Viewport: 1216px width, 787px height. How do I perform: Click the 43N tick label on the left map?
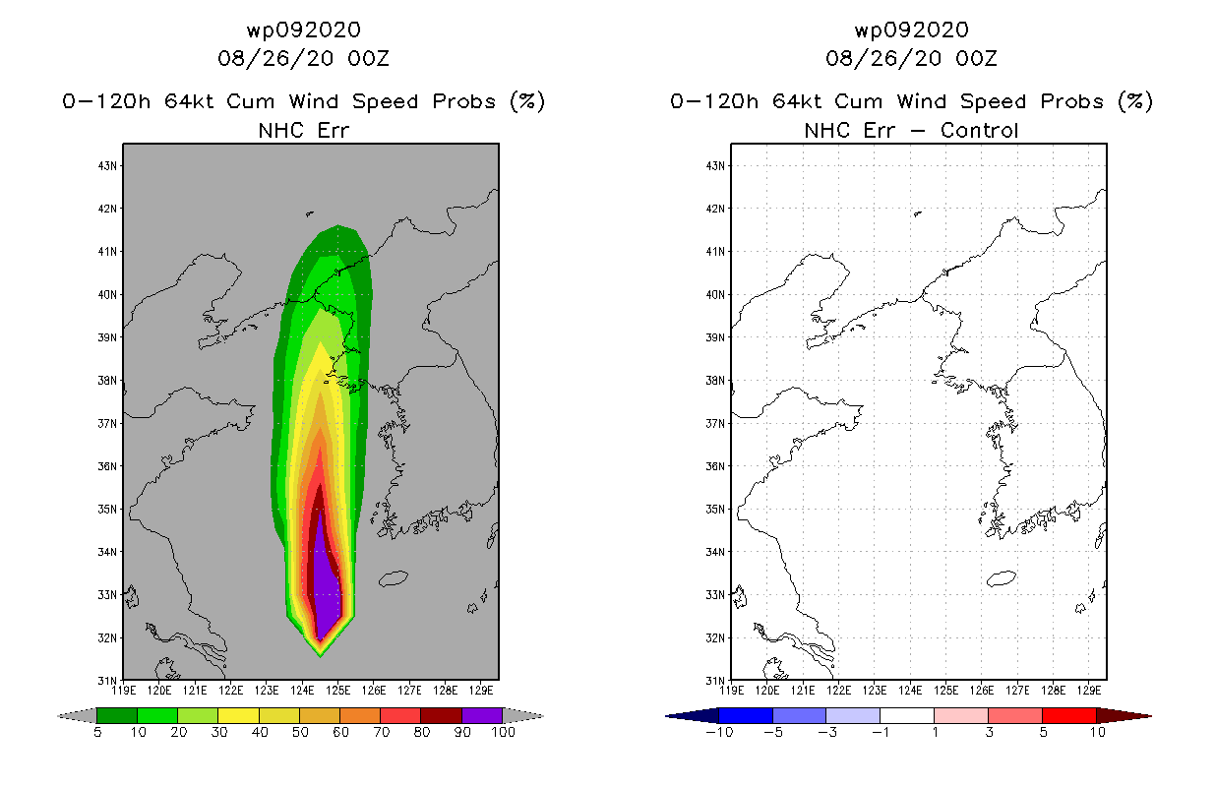click(x=107, y=165)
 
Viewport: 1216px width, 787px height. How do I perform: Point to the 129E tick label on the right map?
click(x=1089, y=691)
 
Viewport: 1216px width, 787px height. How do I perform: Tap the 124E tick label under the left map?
click(x=302, y=691)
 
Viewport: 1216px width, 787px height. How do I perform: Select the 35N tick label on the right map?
click(x=715, y=510)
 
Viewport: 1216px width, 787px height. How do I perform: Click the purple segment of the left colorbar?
click(x=482, y=715)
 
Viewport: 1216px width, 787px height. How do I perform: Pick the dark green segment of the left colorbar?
click(x=117, y=715)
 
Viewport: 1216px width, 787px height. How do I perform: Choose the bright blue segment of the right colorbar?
click(x=746, y=715)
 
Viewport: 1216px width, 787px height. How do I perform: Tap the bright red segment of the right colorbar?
click(x=1069, y=715)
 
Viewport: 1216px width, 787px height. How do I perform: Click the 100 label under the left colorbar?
click(x=504, y=732)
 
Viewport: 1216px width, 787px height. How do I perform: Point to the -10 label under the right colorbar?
click(x=719, y=732)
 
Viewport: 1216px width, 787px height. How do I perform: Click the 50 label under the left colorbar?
click(x=300, y=732)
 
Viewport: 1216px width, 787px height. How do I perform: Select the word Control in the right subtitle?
click(x=979, y=130)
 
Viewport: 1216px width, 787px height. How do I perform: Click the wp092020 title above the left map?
click(x=304, y=30)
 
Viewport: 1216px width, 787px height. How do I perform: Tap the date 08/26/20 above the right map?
click(x=883, y=58)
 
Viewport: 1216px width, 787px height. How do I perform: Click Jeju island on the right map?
click(x=1001, y=578)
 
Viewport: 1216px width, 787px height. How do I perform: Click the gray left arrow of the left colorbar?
click(x=77, y=715)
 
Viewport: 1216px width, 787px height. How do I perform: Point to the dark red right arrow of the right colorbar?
click(x=1124, y=715)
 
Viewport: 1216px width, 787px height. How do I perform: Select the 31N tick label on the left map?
click(x=107, y=681)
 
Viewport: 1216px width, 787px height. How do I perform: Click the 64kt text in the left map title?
click(x=190, y=101)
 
